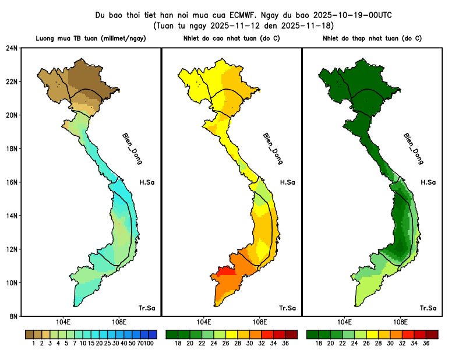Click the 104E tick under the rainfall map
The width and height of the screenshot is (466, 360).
coord(63,322)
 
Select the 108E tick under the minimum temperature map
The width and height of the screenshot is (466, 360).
coord(400,322)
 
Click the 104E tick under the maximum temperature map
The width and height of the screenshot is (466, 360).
coord(204,322)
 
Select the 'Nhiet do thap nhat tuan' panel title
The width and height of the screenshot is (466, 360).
coord(372,38)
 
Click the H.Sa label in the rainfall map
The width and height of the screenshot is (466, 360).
coord(147,182)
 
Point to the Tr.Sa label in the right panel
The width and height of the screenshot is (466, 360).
coord(428,308)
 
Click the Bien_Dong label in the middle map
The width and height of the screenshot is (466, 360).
coord(273,149)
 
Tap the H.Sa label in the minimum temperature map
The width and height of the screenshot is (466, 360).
coord(428,182)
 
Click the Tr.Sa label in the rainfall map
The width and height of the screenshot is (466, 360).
coord(147,308)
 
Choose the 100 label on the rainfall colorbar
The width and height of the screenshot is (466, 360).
coord(150,344)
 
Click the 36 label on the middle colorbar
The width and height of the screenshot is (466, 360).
coord(285,344)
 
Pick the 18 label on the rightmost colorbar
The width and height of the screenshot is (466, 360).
coord(319,344)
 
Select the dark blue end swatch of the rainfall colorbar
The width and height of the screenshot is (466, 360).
coord(153,334)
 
